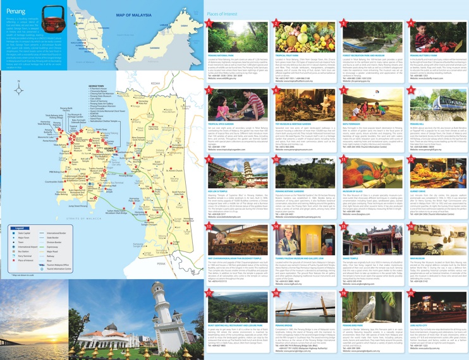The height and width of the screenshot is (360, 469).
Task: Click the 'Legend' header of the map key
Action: click(20, 227)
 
